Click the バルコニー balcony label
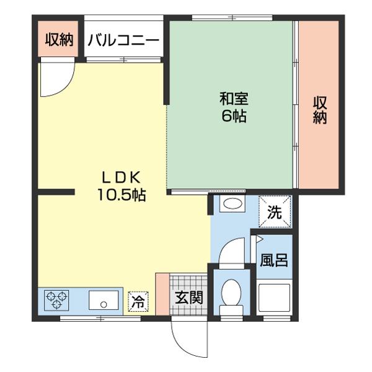pyautogui.click(x=123, y=40)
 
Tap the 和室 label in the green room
pyautogui.click(x=234, y=99)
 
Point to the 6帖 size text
pyautogui.click(x=234, y=116)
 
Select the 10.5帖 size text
pyautogui.click(x=122, y=195)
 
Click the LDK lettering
pyautogui.click(x=122, y=178)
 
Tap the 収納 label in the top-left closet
pyautogui.click(x=59, y=40)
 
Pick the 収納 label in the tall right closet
pyautogui.click(x=320, y=110)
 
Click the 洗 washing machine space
pyautogui.click(x=275, y=211)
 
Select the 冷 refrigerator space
pyautogui.click(x=138, y=301)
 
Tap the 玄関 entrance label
pyautogui.click(x=189, y=298)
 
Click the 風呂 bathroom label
pyautogui.click(x=274, y=260)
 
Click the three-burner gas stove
pyautogui.click(x=56, y=300)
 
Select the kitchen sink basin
pyautogui.click(x=104, y=300)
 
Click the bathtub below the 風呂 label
pyautogui.click(x=274, y=298)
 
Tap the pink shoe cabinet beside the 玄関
pyautogui.click(x=162, y=294)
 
